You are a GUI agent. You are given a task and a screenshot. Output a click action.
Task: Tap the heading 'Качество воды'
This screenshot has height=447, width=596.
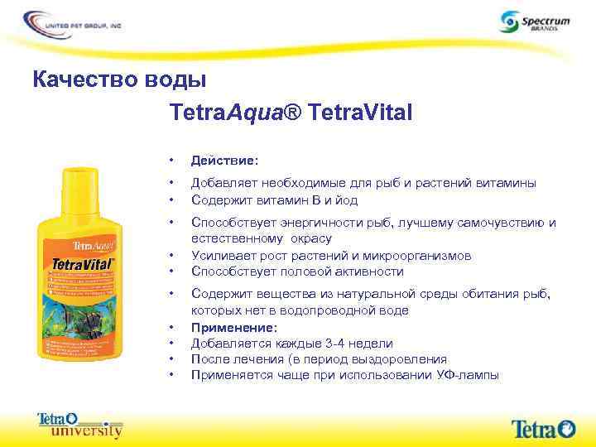[x=119, y=80]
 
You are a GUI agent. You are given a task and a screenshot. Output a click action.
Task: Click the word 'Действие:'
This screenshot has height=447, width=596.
[x=224, y=160]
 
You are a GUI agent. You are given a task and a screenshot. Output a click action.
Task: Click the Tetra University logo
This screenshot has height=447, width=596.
[x=79, y=425]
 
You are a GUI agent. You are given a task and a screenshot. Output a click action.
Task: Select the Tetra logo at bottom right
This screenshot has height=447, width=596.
[x=543, y=428]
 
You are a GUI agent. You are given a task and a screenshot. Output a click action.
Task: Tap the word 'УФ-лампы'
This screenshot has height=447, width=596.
[x=469, y=375]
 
